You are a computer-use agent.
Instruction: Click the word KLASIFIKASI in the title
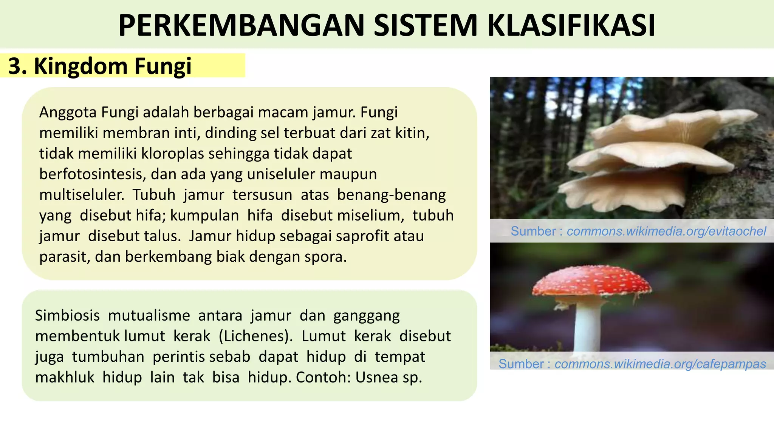[x=571, y=26]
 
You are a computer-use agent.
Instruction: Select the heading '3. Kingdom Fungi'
[x=100, y=66]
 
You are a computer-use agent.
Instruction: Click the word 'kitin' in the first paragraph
[x=412, y=133]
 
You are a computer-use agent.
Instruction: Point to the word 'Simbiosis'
[x=67, y=315]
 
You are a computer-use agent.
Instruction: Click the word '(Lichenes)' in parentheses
[x=255, y=336]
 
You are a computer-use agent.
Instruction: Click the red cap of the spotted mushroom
[x=591, y=282]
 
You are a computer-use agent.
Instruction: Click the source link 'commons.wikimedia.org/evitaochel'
[x=666, y=231]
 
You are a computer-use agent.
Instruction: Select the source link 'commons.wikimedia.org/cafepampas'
[x=660, y=364]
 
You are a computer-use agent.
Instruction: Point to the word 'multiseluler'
[x=82, y=195]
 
